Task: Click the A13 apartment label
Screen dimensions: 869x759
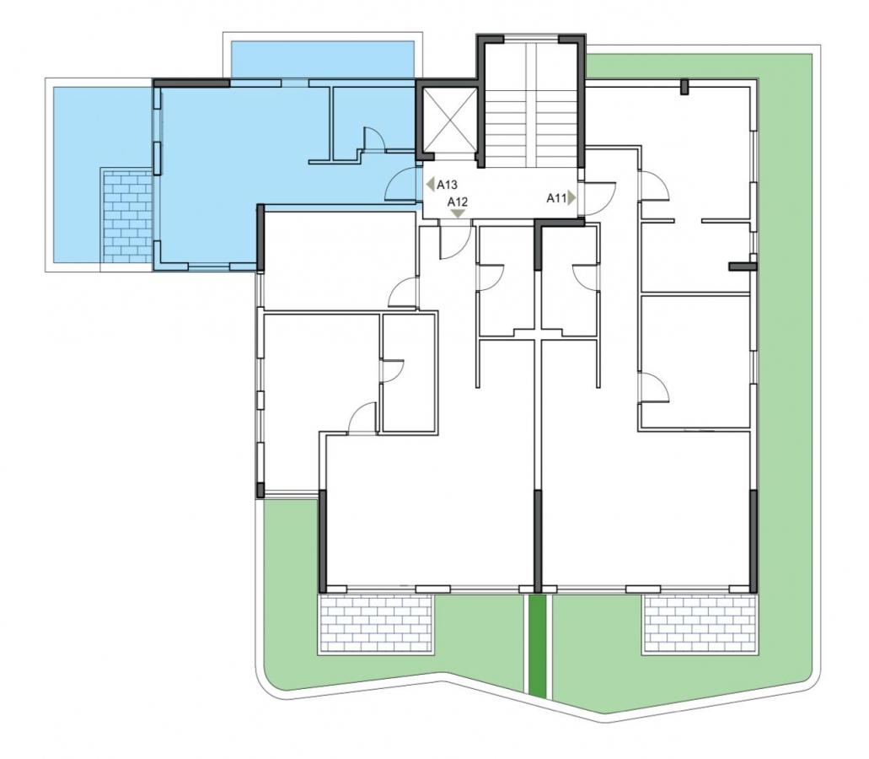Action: click(447, 185)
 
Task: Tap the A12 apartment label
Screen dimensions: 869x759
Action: click(458, 202)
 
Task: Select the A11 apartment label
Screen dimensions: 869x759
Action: click(555, 198)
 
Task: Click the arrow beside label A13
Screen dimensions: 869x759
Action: click(430, 185)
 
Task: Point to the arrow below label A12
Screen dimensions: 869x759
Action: click(458, 213)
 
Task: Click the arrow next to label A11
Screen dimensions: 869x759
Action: click(572, 198)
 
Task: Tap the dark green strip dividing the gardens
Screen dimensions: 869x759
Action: click(536, 646)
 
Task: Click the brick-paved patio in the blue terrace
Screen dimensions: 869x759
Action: click(127, 216)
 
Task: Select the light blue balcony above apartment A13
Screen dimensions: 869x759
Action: click(322, 59)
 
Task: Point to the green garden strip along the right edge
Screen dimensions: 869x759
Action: click(782, 332)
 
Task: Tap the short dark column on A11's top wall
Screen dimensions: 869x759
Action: click(684, 87)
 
